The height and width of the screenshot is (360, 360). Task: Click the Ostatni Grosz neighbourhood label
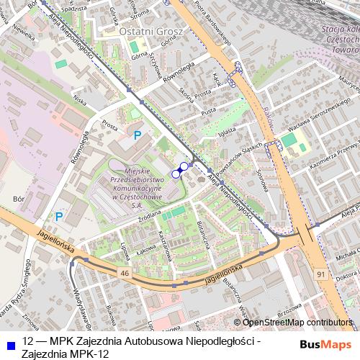152,32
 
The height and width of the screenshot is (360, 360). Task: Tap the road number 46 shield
125,274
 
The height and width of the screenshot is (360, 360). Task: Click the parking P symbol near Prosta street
137,135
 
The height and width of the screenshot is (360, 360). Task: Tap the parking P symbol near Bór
60,215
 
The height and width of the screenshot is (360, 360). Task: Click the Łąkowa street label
146,249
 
